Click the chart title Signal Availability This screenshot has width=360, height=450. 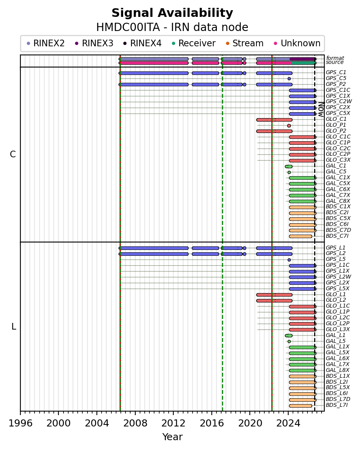click(172, 13)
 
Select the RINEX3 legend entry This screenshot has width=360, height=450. click(94, 43)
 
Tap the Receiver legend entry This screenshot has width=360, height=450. click(194, 43)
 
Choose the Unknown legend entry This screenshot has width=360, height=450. click(297, 43)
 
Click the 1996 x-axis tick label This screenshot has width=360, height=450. click(20, 423)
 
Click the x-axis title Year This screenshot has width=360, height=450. click(173, 437)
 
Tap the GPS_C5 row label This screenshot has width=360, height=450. click(336, 78)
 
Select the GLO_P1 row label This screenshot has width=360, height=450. click(336, 125)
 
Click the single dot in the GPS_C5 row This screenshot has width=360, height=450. click(289, 78)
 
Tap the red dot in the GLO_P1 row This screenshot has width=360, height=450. click(289, 126)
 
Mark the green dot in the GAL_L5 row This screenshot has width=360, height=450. click(289, 341)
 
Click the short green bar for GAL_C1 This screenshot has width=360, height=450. click(289, 166)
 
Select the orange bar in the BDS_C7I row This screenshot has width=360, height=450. click(300, 237)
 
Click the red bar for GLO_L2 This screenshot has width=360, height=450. click(274, 301)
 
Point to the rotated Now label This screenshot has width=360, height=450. click(321, 109)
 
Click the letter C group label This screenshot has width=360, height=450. click(13, 155)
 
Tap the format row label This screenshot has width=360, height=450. click(335, 58)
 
